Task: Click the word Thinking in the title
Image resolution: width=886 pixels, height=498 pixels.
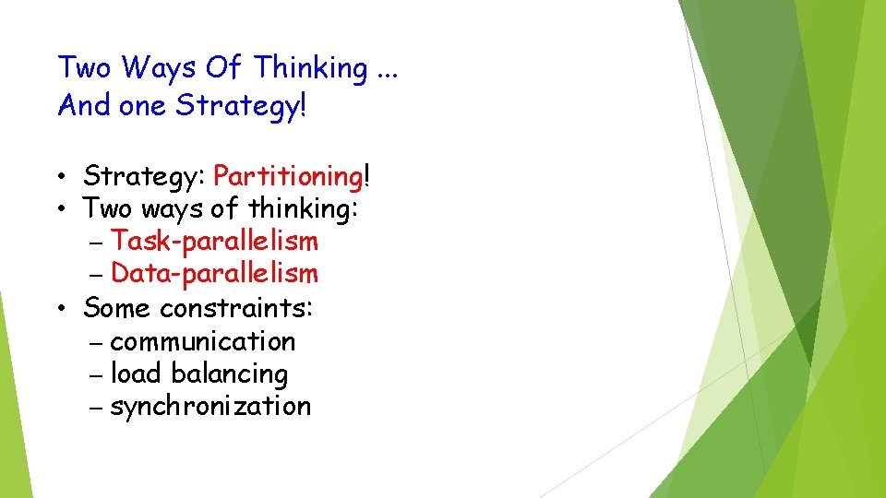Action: [310, 68]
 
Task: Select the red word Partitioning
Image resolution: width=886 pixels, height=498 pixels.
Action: [287, 175]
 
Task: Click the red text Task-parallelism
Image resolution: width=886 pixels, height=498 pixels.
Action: [214, 242]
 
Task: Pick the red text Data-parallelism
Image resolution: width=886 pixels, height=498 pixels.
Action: [214, 274]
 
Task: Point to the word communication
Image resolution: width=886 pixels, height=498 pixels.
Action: [202, 341]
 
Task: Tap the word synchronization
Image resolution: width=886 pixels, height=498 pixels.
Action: [210, 407]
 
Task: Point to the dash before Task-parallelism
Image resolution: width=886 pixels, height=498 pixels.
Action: [99, 243]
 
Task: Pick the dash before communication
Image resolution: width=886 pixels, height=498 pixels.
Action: [99, 343]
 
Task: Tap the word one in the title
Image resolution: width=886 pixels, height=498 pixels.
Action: [142, 106]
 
